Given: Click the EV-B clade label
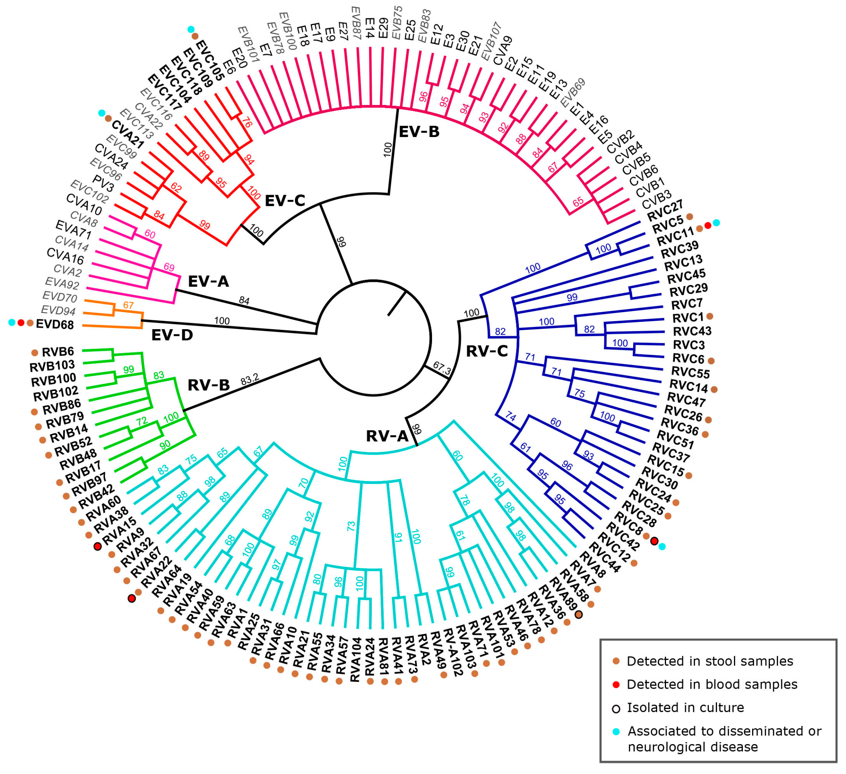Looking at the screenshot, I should coord(419,132).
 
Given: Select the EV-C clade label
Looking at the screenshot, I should coord(285,201).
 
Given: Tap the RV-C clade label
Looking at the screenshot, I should coord(487,351).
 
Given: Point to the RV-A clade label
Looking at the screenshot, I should coord(387,436).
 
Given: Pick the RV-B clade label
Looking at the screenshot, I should coord(208,385).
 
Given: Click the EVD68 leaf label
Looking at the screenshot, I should coord(55,324).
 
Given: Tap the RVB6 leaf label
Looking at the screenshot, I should coord(58,352).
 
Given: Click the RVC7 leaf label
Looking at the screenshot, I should coord(687,303).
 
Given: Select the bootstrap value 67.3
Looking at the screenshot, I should coord(442,368).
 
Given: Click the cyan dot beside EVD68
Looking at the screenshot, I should coord(12,323).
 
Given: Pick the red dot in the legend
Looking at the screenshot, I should coord(616,685).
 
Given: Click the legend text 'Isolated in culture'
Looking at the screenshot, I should coord(685,708).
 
